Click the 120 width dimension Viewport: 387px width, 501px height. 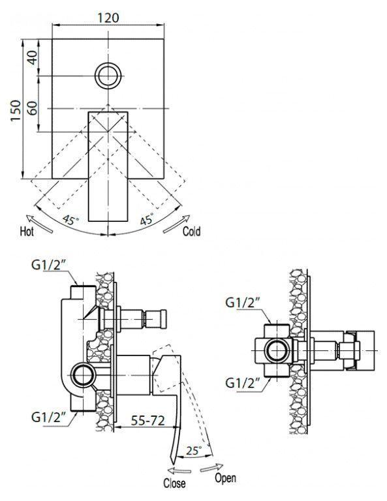click(108, 17)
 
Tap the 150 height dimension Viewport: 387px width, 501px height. click(16, 110)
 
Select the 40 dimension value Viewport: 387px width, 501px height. click(32, 57)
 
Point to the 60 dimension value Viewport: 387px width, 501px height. click(32, 108)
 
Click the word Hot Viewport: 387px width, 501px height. click(27, 231)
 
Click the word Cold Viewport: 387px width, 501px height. click(191, 231)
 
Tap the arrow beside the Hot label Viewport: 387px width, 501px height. click(39, 224)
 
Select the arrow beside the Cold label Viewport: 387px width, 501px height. click(176, 224)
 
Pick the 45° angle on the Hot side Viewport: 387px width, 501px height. click(70, 220)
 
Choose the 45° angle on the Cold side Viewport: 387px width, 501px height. click(147, 219)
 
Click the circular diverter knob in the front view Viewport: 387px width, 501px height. click(108, 76)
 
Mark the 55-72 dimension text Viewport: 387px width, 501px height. click(147, 420)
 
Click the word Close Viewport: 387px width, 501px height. click(174, 483)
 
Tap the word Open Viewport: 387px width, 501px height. click(225, 478)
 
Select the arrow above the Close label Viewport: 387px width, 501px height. click(179, 470)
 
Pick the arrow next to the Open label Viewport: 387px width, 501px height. click(211, 468)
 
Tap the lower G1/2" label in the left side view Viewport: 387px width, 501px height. click(48, 417)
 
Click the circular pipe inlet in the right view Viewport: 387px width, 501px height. click(278, 350)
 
